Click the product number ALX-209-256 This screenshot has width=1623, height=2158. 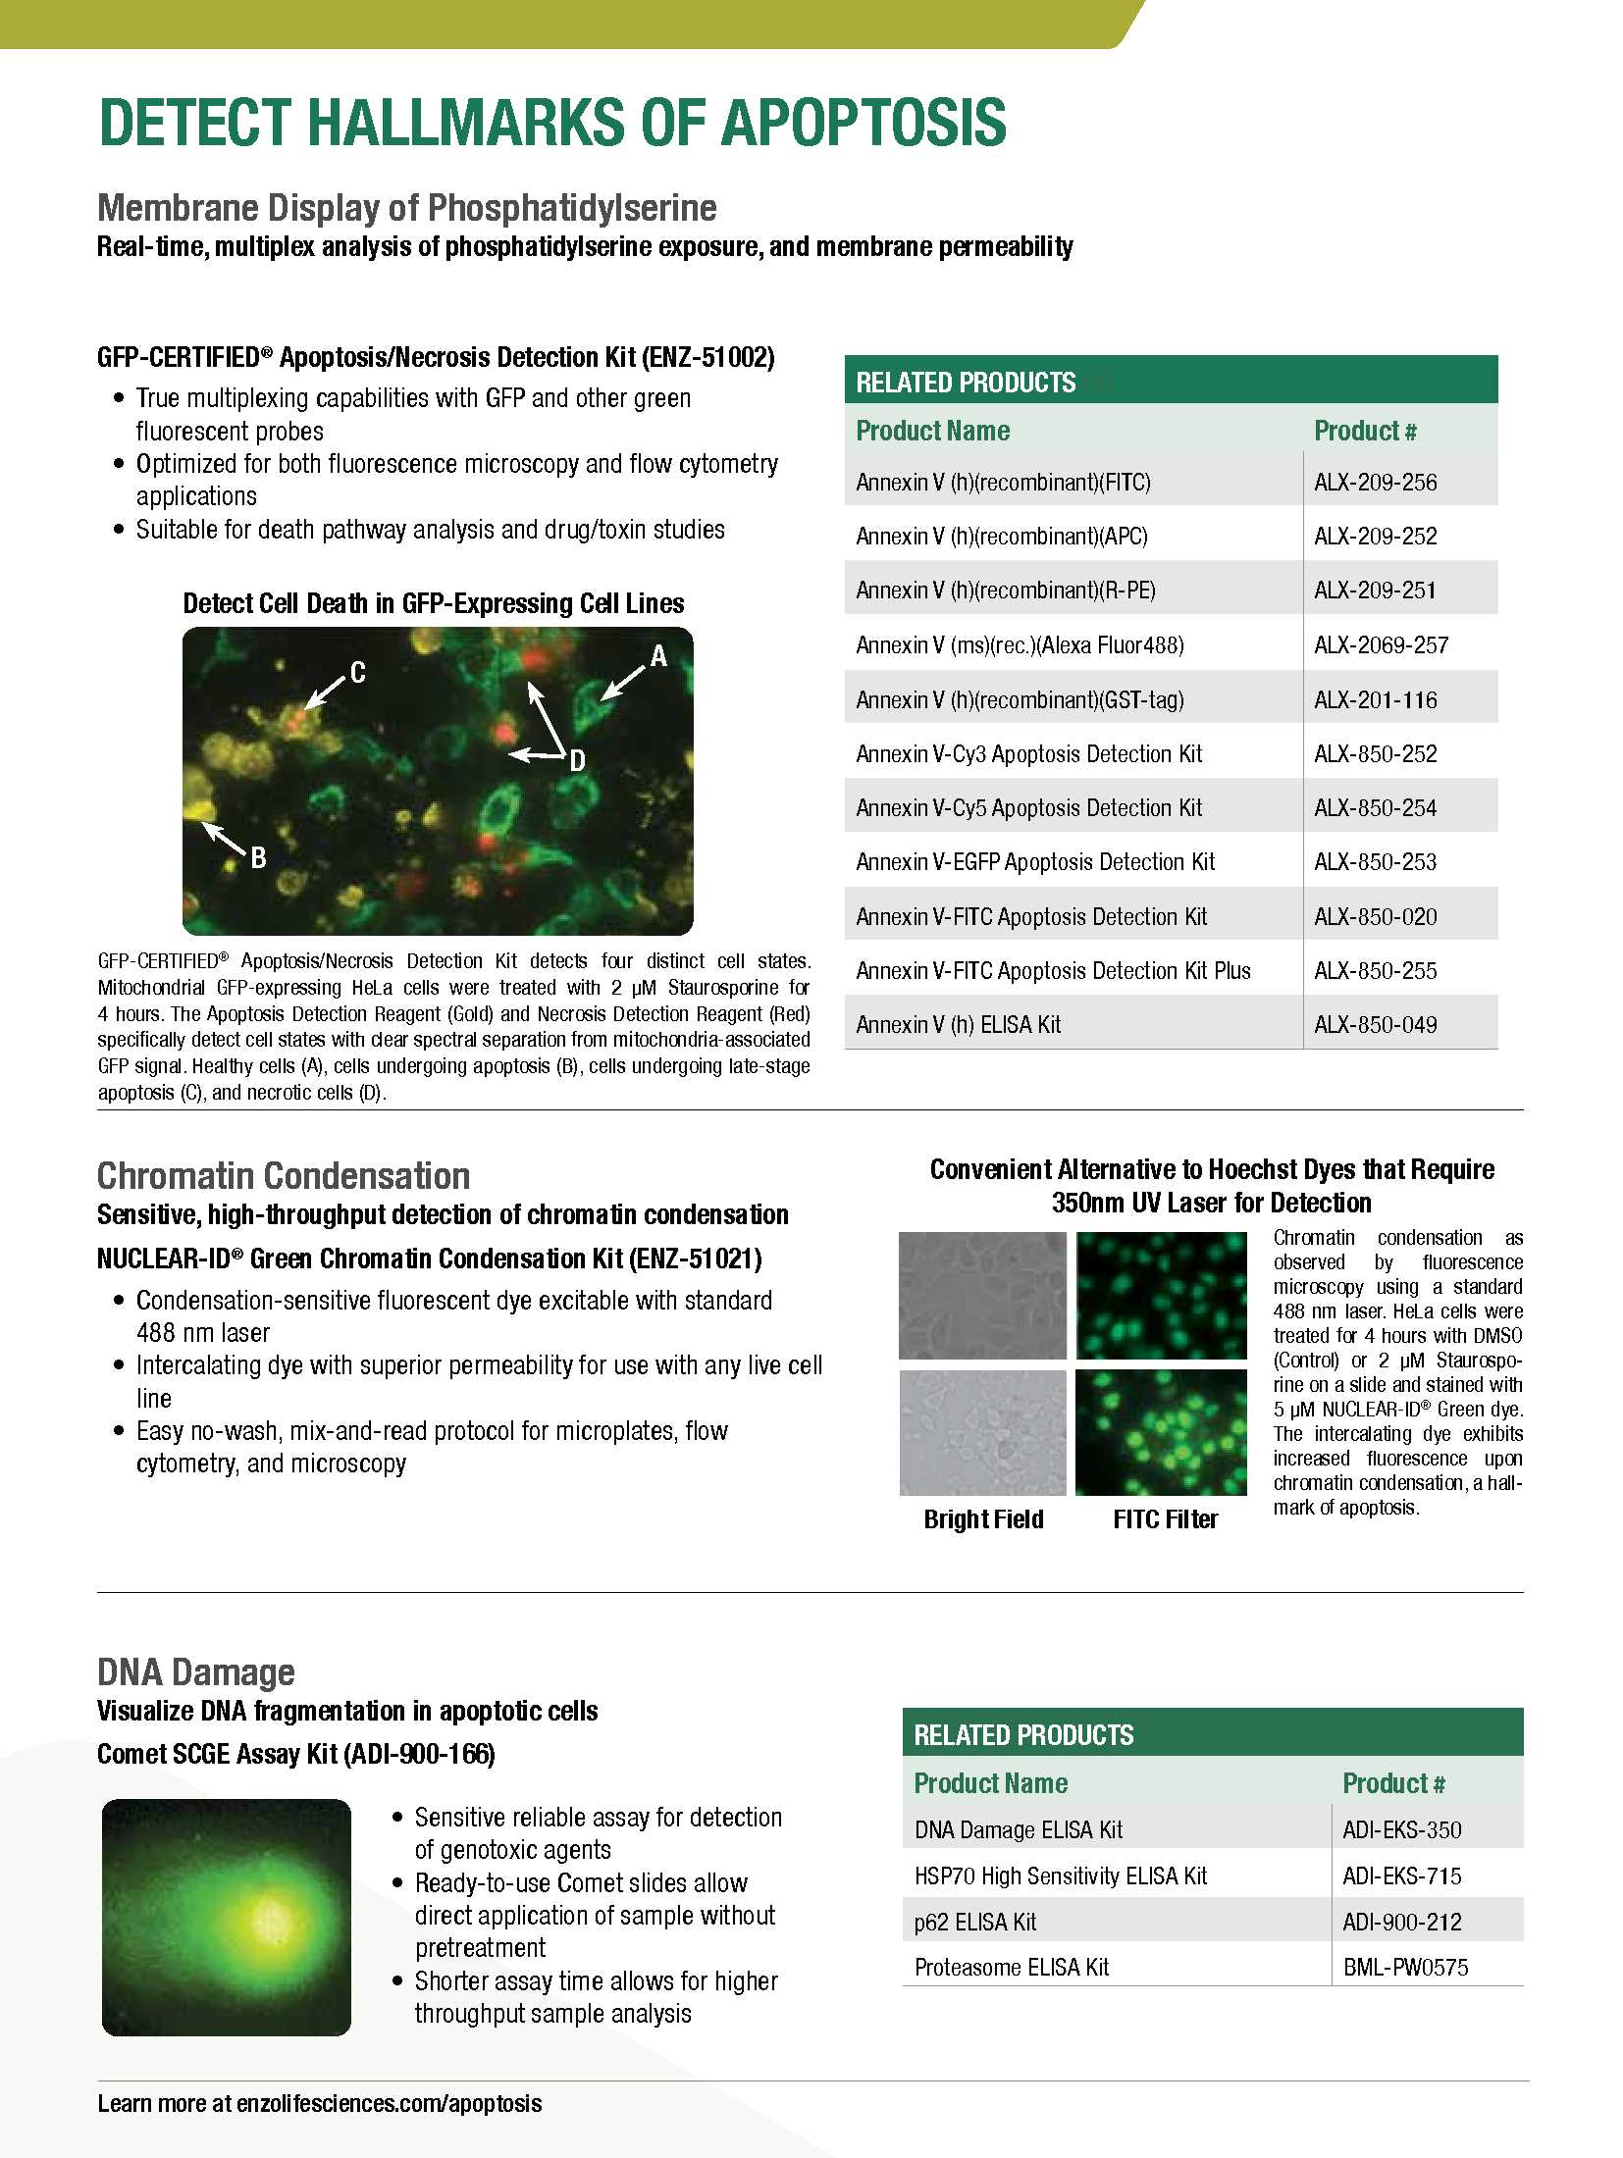pos(1375,483)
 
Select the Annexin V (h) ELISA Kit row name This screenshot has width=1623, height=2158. pos(958,1025)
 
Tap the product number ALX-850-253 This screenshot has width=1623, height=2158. pos(1375,862)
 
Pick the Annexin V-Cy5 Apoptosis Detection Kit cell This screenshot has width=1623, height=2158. pos(1028,808)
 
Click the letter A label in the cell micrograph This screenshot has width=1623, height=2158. pos(658,656)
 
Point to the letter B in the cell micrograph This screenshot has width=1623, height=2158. pos(258,858)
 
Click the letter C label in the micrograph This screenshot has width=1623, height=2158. pos(358,672)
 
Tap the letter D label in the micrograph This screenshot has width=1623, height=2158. pos(577,760)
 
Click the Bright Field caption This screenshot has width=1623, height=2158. pos(983,1519)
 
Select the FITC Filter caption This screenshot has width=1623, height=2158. pos(1165,1519)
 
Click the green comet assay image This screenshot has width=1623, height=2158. pos(227,1916)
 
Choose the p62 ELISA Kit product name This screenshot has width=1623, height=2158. pos(974,1922)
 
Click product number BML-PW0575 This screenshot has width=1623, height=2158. pos(1405,1967)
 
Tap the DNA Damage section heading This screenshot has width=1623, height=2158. pos(196,1671)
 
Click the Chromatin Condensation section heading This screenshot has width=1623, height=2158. pos(284,1175)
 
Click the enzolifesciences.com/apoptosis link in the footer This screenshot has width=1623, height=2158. pos(389,2103)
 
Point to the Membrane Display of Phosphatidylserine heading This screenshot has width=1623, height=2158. pos(406,208)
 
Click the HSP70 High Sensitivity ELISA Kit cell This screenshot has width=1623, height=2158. pos(1060,1875)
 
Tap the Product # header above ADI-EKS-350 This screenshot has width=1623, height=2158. pos(1392,1783)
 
